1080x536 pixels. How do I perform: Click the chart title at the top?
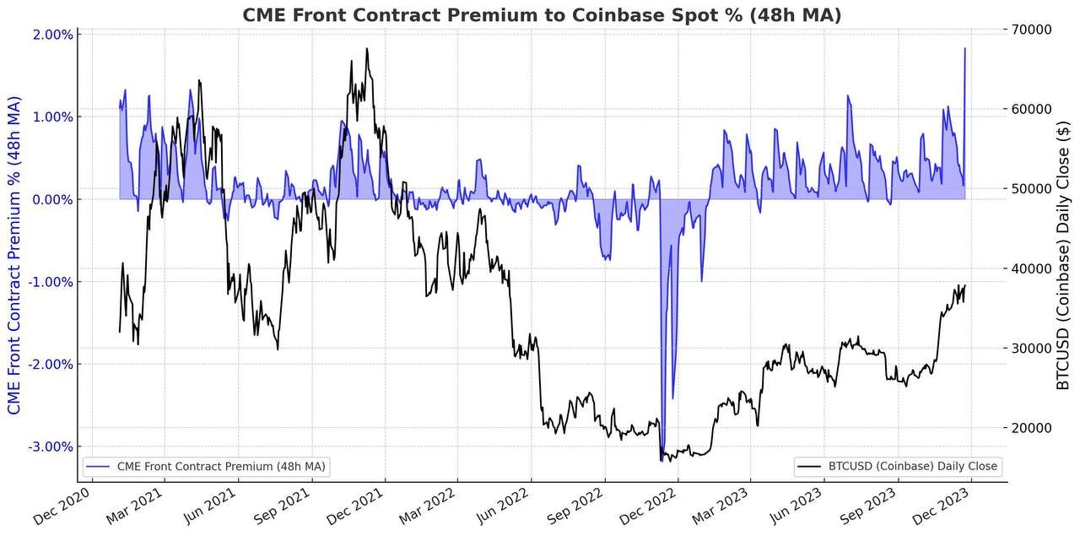(542, 14)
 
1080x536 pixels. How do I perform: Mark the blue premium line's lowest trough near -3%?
(662, 450)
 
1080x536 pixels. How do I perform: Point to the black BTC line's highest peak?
(367, 49)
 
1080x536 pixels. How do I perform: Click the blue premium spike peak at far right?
(965, 48)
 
